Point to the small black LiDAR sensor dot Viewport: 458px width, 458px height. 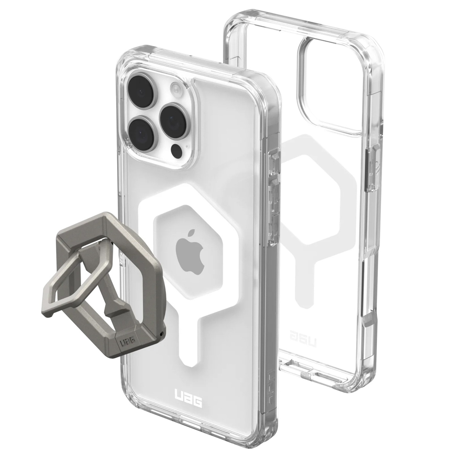point(176,152)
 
